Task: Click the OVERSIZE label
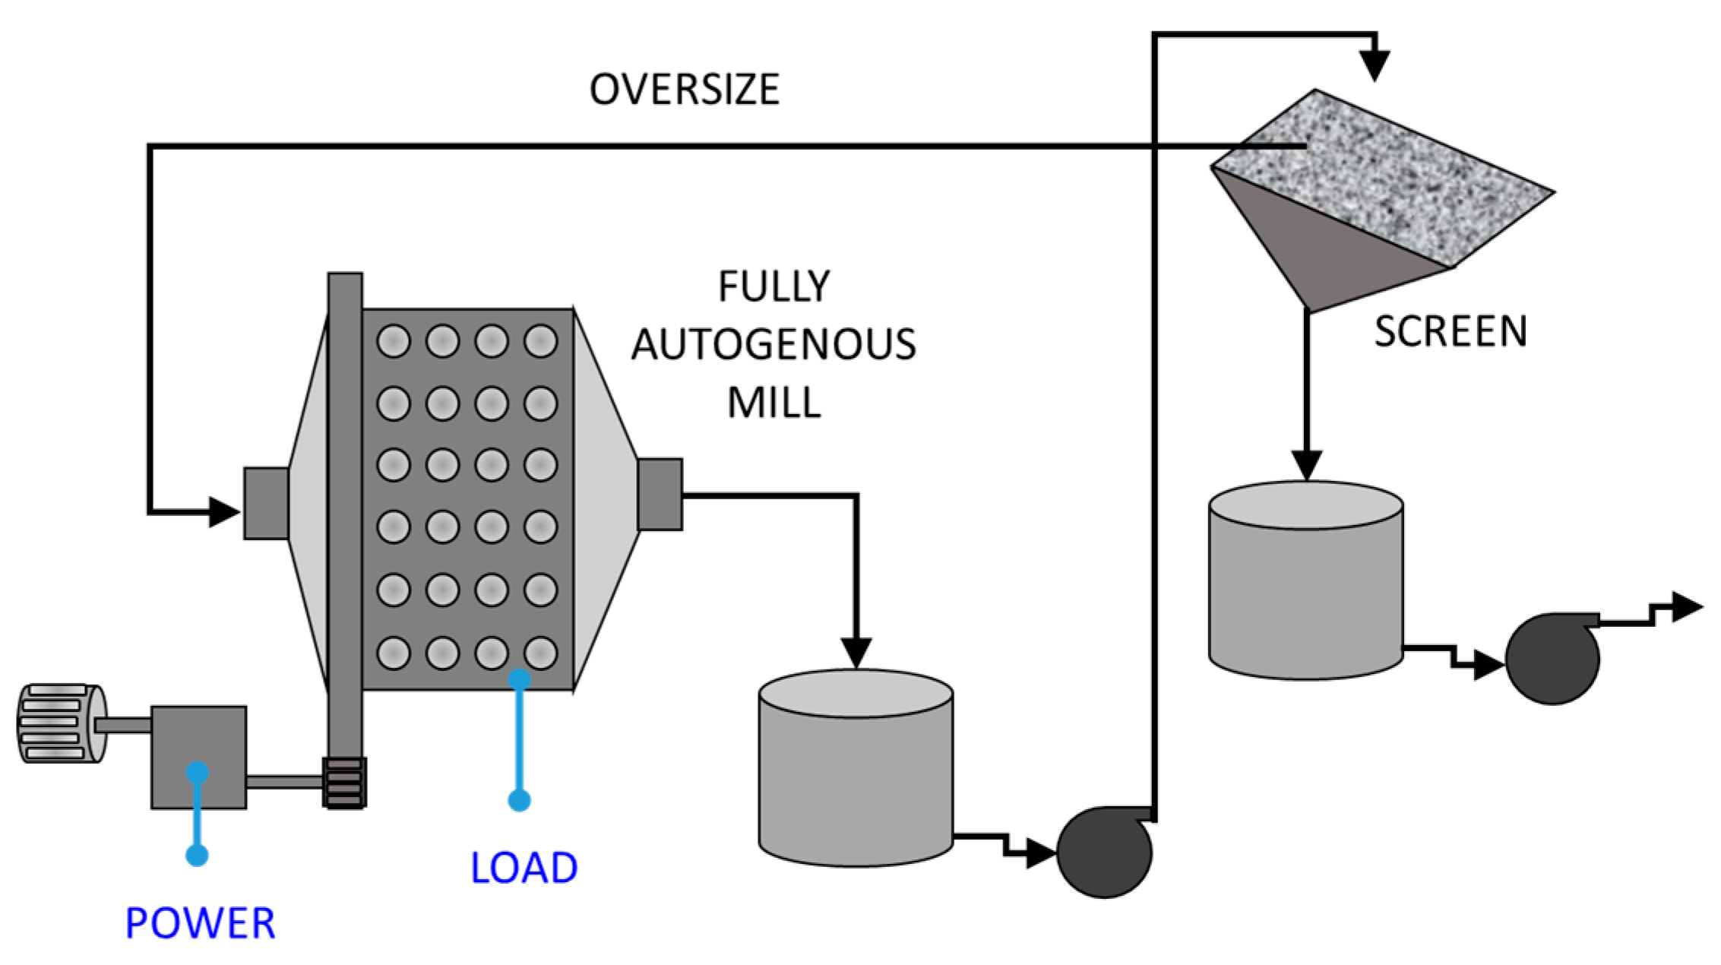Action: (684, 90)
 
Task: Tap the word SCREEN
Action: (1450, 332)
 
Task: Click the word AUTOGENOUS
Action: (774, 344)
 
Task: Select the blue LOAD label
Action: (524, 868)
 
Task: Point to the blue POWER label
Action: (200, 923)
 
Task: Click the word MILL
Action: (774, 403)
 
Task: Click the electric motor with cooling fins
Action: (61, 723)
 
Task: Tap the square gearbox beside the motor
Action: (198, 757)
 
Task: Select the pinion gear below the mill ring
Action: (344, 782)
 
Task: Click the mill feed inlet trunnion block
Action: (266, 504)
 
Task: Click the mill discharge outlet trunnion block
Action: (660, 494)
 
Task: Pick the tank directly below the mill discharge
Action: (856, 767)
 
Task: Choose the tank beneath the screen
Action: (1305, 580)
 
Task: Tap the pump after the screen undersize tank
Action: (1552, 659)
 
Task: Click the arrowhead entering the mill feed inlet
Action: (223, 511)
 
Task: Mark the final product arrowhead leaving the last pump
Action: (1687, 606)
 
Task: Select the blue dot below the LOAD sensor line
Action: (519, 800)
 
